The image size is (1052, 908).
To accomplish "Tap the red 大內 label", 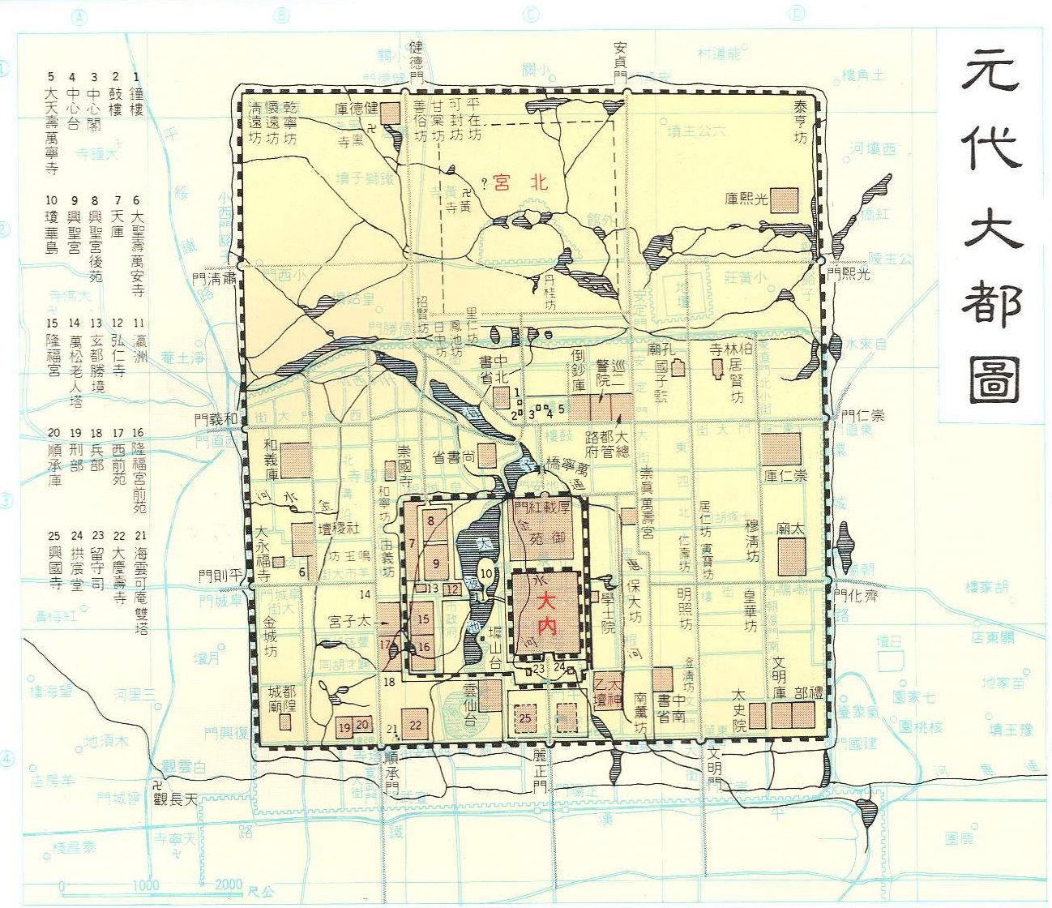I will pyautogui.click(x=547, y=602).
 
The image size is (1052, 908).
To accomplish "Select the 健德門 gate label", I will pyautogui.click(x=417, y=60).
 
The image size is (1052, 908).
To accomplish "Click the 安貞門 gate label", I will pyautogui.click(x=621, y=60).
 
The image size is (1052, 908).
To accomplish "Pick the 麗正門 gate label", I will pyautogui.click(x=540, y=776).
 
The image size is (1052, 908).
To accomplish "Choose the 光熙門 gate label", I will pyautogui.click(x=849, y=274).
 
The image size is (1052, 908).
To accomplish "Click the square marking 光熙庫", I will pyautogui.click(x=784, y=200).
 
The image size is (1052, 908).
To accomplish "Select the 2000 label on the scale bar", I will pyautogui.click(x=229, y=884).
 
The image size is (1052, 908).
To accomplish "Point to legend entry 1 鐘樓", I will pyautogui.click(x=136, y=96).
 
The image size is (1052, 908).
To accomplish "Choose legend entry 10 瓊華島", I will pyautogui.click(x=51, y=223).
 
